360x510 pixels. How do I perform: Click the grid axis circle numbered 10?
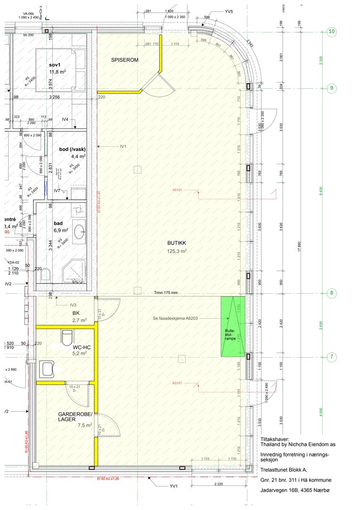point(332,32)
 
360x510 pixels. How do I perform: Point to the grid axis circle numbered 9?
point(332,88)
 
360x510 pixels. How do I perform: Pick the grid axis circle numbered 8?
point(332,293)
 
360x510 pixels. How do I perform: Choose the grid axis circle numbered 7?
point(332,357)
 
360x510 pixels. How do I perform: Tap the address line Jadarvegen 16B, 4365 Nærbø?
point(295,491)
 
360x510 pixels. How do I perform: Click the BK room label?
point(75,313)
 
